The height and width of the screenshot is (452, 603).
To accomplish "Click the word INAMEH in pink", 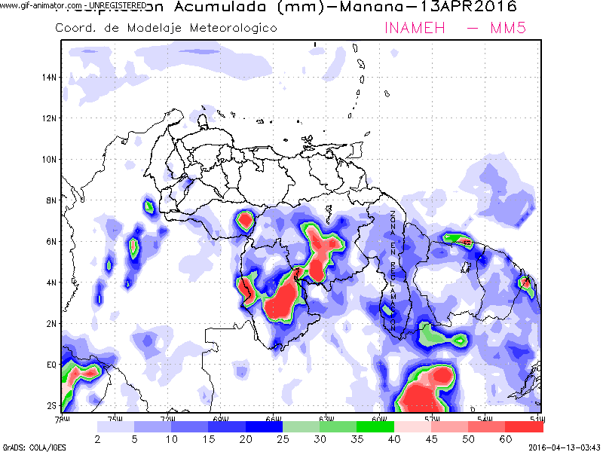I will (x=413, y=28).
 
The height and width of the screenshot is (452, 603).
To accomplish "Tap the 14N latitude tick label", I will (x=51, y=77).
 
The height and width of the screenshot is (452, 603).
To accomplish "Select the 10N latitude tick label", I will (x=51, y=159).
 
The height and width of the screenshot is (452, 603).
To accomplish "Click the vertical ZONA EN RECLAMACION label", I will (x=393, y=267).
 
